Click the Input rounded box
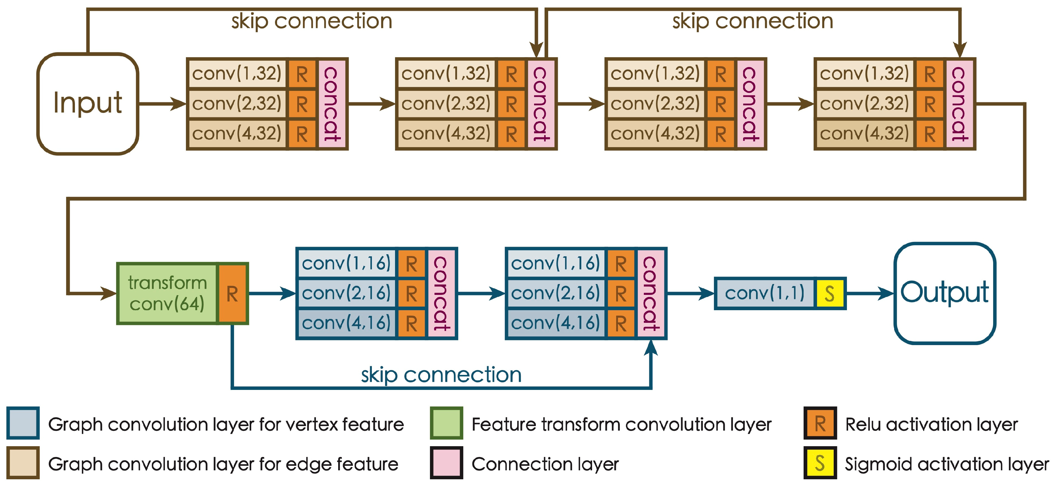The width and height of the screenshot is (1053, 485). tap(88, 103)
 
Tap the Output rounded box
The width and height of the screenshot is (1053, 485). tap(945, 293)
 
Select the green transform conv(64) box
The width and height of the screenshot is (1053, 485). tap(167, 293)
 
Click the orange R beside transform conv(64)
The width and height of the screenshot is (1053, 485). tap(232, 293)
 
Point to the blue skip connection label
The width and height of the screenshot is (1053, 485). tap(441, 375)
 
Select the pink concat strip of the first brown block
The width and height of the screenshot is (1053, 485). tap(332, 104)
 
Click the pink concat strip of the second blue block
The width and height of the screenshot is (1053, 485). tap(650, 293)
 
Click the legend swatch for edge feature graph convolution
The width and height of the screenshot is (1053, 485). tap(23, 462)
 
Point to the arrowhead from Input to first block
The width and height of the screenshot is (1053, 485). tap(179, 104)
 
